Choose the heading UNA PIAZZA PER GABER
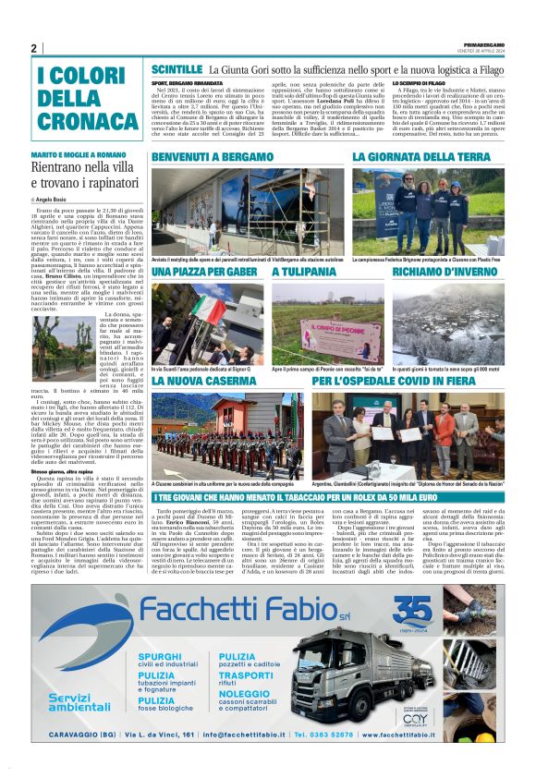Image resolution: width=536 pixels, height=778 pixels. click(204, 274)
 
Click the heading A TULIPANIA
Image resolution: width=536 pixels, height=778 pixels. click(303, 274)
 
